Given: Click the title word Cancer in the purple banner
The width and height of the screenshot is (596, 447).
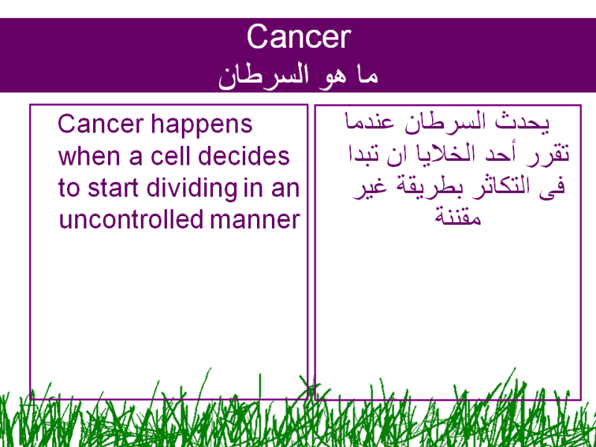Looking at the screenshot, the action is click(x=299, y=37).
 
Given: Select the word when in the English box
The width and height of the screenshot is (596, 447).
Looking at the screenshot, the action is click(x=89, y=156).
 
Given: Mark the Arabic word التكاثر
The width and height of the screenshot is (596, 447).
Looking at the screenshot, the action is click(x=493, y=188).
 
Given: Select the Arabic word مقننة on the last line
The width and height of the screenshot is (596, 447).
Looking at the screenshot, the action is click(x=458, y=217).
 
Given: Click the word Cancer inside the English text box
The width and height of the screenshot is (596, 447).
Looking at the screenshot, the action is click(x=101, y=124).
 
